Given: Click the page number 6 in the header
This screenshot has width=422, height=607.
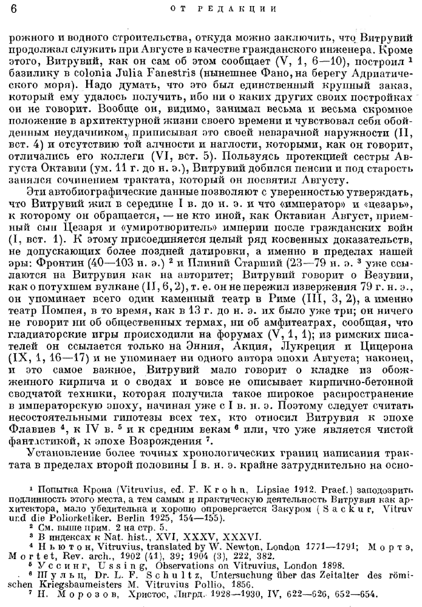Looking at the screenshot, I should pyautogui.click(x=13, y=8).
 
